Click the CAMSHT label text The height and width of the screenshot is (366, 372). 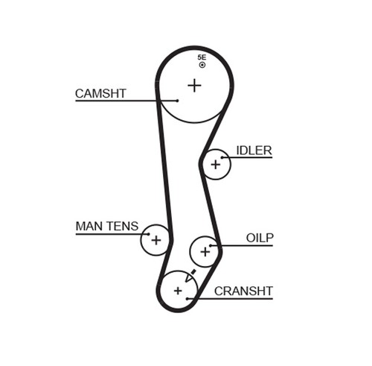100,94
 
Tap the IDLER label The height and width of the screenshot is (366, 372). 254,151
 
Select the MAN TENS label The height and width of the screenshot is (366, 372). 107,227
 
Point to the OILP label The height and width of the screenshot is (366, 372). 260,238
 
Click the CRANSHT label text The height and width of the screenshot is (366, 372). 243,291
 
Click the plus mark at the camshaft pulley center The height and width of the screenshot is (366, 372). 194,86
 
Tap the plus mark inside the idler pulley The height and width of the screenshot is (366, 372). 216,165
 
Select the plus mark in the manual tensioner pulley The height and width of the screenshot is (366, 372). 156,240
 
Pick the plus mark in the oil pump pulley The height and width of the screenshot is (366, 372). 205,252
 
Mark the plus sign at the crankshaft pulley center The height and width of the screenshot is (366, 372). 178,291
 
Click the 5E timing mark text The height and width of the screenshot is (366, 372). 202,57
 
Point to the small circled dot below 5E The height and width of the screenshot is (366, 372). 202,65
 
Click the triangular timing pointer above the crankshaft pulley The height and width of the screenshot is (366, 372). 190,276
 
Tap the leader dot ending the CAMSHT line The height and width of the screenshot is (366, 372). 177,101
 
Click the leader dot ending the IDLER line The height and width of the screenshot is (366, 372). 222,157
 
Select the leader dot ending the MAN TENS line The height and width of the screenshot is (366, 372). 148,234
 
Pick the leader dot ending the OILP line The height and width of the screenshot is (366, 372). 211,246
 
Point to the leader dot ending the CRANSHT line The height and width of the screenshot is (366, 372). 187,298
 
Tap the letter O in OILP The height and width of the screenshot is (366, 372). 251,238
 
